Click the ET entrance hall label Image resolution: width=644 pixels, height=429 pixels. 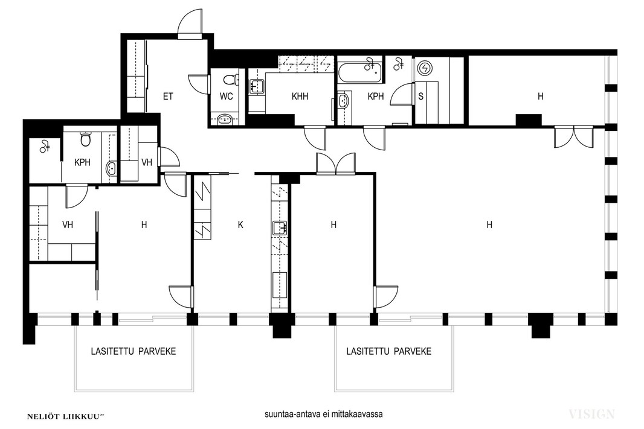168,97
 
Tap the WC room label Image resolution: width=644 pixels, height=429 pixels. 227,97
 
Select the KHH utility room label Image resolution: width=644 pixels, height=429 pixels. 300,97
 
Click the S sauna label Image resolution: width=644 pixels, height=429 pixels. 420,97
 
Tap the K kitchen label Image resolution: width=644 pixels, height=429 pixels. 240,224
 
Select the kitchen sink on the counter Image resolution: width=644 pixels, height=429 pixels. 279,227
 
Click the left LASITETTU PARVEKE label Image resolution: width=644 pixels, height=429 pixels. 134,352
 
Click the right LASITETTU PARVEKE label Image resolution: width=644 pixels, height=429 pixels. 389,352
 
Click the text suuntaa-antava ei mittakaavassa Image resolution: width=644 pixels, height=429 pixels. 324,415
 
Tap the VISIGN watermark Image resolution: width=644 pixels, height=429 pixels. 592,415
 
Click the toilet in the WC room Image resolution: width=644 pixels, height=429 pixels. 231,78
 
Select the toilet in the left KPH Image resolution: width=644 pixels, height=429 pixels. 85,139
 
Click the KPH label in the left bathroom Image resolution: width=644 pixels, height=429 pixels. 83,163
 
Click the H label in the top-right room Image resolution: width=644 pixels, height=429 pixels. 541,97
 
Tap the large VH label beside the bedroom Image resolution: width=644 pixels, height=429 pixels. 68,224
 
